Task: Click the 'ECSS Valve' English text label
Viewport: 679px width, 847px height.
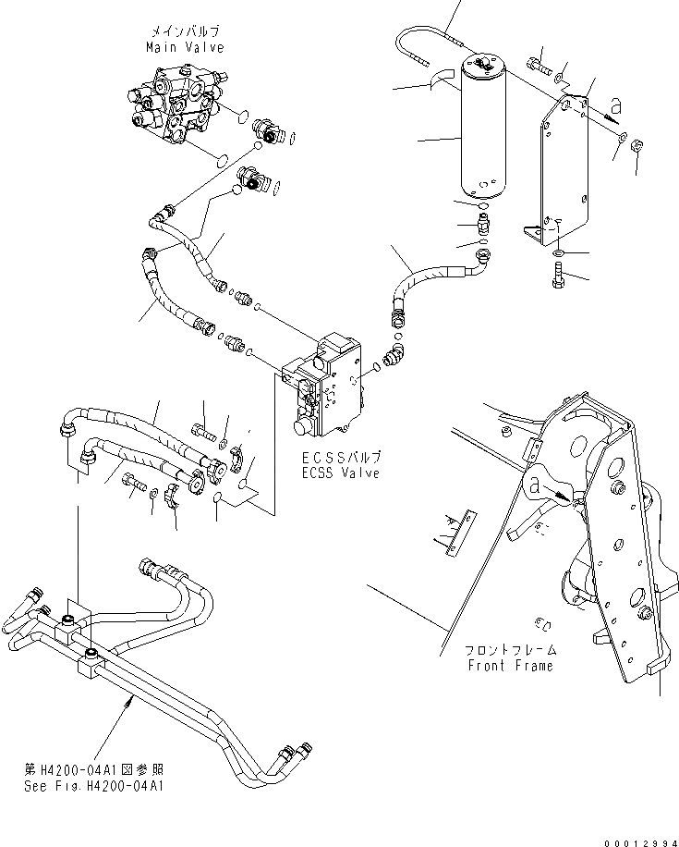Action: point(340,473)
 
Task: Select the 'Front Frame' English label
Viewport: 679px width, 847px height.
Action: point(510,665)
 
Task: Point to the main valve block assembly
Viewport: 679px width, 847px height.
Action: point(176,108)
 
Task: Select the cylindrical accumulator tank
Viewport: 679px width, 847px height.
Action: point(475,129)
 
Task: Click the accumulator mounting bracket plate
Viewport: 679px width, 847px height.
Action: point(563,175)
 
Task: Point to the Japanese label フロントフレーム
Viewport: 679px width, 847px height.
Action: point(510,650)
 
